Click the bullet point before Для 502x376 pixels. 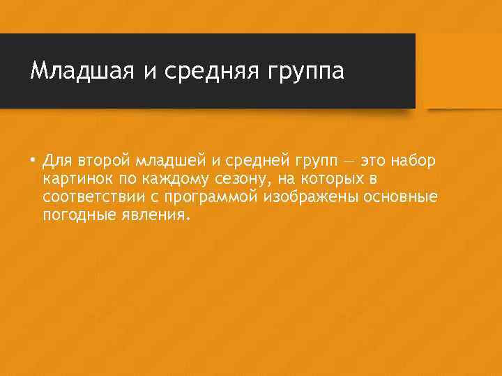pos(33,161)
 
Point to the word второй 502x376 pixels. pos(105,162)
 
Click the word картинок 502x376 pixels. pos(75,180)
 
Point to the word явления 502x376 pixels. pos(155,215)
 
